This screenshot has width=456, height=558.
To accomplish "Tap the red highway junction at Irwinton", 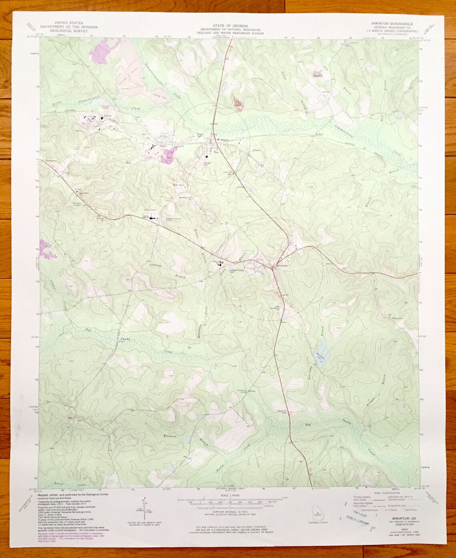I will point(272,269).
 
